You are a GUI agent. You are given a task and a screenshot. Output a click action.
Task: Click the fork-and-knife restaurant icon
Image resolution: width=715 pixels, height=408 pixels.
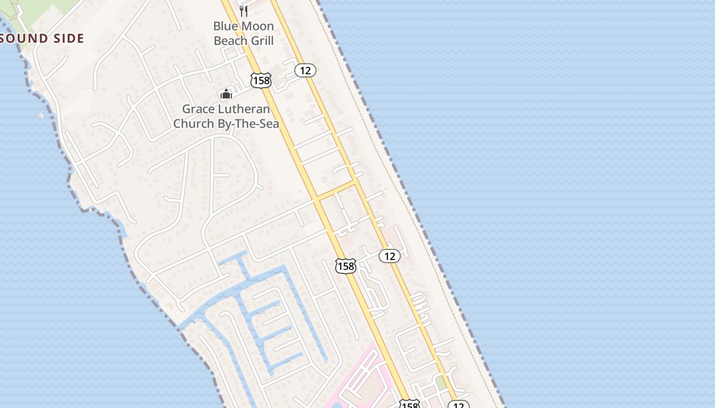[x=244, y=10]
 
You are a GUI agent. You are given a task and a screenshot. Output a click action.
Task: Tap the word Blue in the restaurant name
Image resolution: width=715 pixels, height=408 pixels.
[x=224, y=26]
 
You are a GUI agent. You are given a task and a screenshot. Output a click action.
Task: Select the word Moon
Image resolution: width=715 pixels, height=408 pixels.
[x=255, y=26]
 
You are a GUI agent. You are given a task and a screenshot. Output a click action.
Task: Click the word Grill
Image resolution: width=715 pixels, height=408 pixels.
[x=261, y=40]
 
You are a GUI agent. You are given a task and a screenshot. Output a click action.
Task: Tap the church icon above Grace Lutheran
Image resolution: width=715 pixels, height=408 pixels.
[x=226, y=94]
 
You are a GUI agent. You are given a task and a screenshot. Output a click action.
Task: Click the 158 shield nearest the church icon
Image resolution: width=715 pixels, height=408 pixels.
[x=260, y=80]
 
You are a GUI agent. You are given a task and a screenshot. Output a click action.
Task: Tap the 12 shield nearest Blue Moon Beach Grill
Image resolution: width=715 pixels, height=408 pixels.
[x=305, y=70]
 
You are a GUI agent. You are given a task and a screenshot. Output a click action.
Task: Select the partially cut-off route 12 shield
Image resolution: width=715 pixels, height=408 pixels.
[x=459, y=405]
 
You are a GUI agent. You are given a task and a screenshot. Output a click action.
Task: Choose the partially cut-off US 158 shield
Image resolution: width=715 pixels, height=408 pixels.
[x=409, y=405]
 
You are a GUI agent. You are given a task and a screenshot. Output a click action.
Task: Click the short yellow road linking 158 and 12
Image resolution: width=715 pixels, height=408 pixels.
[x=337, y=189]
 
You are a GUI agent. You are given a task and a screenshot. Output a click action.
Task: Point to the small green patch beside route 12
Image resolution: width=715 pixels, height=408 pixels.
[x=441, y=383]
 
